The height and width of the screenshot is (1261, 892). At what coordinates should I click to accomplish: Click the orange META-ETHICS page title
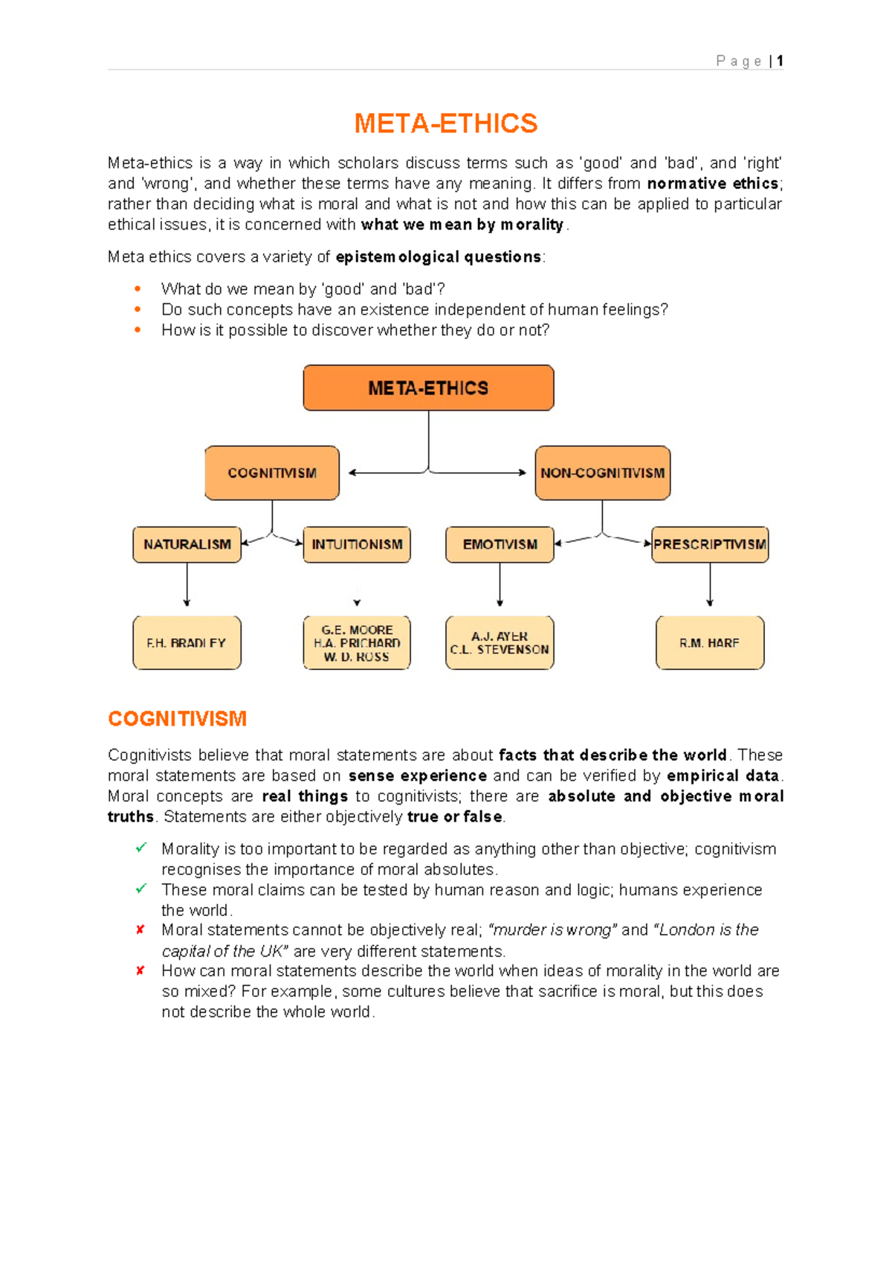(x=445, y=123)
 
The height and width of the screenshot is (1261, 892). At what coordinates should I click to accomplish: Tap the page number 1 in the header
(x=780, y=61)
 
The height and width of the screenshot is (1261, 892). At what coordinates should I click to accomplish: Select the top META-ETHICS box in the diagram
(x=428, y=388)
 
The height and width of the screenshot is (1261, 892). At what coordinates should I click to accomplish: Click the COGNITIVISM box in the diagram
(x=272, y=473)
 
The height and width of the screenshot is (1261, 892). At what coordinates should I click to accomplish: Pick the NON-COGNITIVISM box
(x=602, y=473)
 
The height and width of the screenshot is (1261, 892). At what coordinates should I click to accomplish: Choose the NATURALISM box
(x=187, y=544)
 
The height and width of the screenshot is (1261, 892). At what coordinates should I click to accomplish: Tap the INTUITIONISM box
(x=357, y=544)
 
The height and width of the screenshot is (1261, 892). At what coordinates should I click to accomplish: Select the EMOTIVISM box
(x=500, y=544)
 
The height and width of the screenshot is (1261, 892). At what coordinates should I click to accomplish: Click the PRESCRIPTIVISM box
(x=710, y=544)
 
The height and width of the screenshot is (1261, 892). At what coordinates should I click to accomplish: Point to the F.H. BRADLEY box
(x=187, y=643)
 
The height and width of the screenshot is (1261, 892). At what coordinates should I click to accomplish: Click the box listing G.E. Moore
(x=357, y=643)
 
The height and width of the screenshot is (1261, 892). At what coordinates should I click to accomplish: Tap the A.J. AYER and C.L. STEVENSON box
(x=500, y=643)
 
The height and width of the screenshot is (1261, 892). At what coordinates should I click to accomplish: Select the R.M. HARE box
(x=710, y=643)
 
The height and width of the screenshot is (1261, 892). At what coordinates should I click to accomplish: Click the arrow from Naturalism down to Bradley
(x=187, y=586)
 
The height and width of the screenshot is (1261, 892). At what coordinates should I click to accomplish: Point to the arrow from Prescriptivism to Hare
(x=710, y=586)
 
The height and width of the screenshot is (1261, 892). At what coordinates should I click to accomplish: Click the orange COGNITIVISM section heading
(x=177, y=719)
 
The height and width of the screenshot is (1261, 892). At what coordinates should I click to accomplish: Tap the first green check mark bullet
(x=140, y=848)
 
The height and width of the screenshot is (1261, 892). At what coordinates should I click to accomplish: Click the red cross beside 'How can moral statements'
(x=140, y=970)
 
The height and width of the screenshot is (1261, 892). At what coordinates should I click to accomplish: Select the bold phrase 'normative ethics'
(x=713, y=184)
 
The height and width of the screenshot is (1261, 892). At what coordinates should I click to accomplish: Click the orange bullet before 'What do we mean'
(x=138, y=288)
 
